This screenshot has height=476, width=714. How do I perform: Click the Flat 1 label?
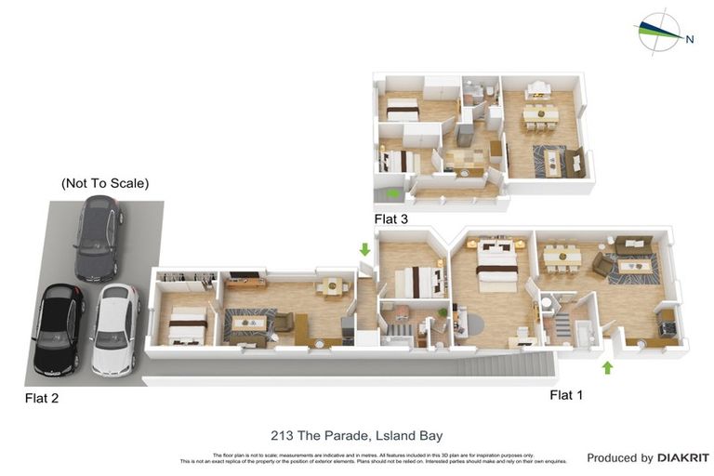pos(566,395)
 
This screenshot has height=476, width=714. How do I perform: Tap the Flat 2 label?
pos(41,399)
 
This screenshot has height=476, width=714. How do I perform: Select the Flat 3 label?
pos(390,219)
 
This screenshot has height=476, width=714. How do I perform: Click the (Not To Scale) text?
pos(105,183)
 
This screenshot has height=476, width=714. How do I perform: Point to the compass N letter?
pos(690,39)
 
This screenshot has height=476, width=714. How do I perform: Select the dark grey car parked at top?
pos(98,238)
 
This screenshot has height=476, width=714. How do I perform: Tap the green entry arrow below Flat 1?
pos(607,367)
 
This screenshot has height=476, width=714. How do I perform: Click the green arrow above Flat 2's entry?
pos(364,249)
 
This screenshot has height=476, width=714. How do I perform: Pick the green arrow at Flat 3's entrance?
pos(394,193)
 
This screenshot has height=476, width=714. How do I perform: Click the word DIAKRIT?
pos(683,457)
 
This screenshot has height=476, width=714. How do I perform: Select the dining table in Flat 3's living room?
pos(539,114)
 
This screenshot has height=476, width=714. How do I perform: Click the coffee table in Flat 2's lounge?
pos(248,324)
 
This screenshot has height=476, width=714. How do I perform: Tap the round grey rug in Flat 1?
pos(469,324)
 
